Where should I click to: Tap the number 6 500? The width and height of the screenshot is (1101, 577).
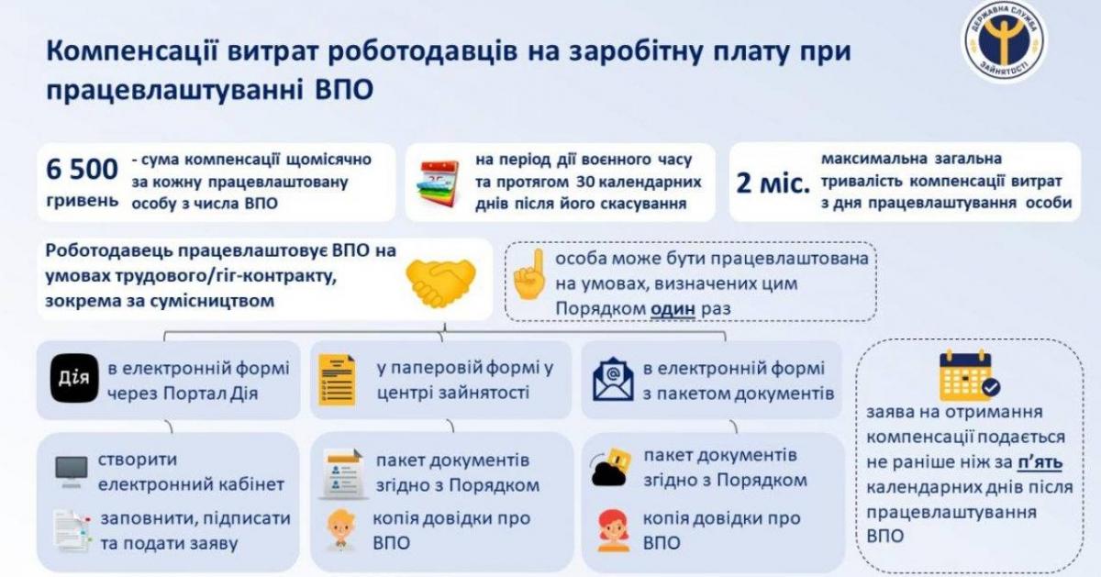(x=82, y=169)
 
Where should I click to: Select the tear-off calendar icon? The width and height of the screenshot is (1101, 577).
(x=439, y=183)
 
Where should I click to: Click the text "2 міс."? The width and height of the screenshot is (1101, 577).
(x=773, y=183)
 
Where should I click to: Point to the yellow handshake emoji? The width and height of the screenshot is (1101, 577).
(x=441, y=283)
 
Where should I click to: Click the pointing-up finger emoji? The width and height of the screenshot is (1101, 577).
(x=530, y=274)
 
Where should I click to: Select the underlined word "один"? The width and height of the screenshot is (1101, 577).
(x=673, y=308)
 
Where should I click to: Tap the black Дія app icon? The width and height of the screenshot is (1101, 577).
(x=74, y=378)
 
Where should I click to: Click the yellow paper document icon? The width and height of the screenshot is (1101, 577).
(x=337, y=380)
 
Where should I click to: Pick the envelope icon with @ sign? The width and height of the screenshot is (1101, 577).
(x=613, y=380)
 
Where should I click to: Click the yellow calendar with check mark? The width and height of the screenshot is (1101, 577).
(x=969, y=375)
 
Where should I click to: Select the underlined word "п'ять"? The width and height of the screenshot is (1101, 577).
(x=1040, y=462)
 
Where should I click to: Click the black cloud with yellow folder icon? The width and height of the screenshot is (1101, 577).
(x=610, y=468)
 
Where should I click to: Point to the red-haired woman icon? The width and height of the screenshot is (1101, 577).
(x=614, y=531)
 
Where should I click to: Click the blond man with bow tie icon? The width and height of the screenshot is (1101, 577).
(x=341, y=529)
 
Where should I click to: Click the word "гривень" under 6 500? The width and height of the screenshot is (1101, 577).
(x=82, y=201)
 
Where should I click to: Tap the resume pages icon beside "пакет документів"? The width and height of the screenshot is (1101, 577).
(x=343, y=473)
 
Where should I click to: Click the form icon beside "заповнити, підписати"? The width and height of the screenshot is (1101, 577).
(x=72, y=531)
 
